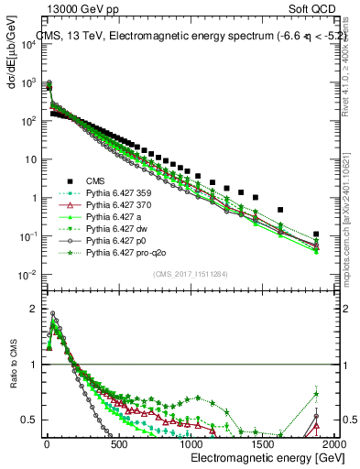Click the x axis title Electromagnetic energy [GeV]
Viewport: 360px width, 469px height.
coord(262,457)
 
